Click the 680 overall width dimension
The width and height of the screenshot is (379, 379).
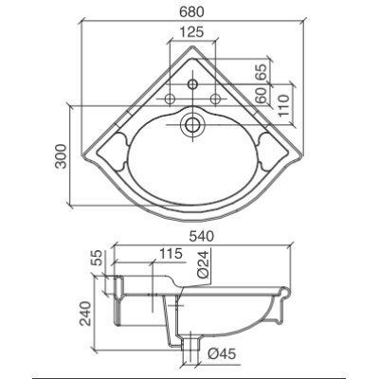click(x=191, y=12)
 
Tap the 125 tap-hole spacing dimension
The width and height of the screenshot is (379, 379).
click(x=192, y=32)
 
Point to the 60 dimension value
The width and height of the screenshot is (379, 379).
click(x=262, y=96)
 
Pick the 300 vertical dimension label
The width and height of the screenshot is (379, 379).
click(x=61, y=156)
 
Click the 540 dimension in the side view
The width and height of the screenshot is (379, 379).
click(x=201, y=236)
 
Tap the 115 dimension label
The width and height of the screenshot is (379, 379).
click(x=171, y=253)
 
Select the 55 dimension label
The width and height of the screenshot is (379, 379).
click(x=98, y=258)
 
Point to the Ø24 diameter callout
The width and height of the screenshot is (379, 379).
click(x=205, y=264)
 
